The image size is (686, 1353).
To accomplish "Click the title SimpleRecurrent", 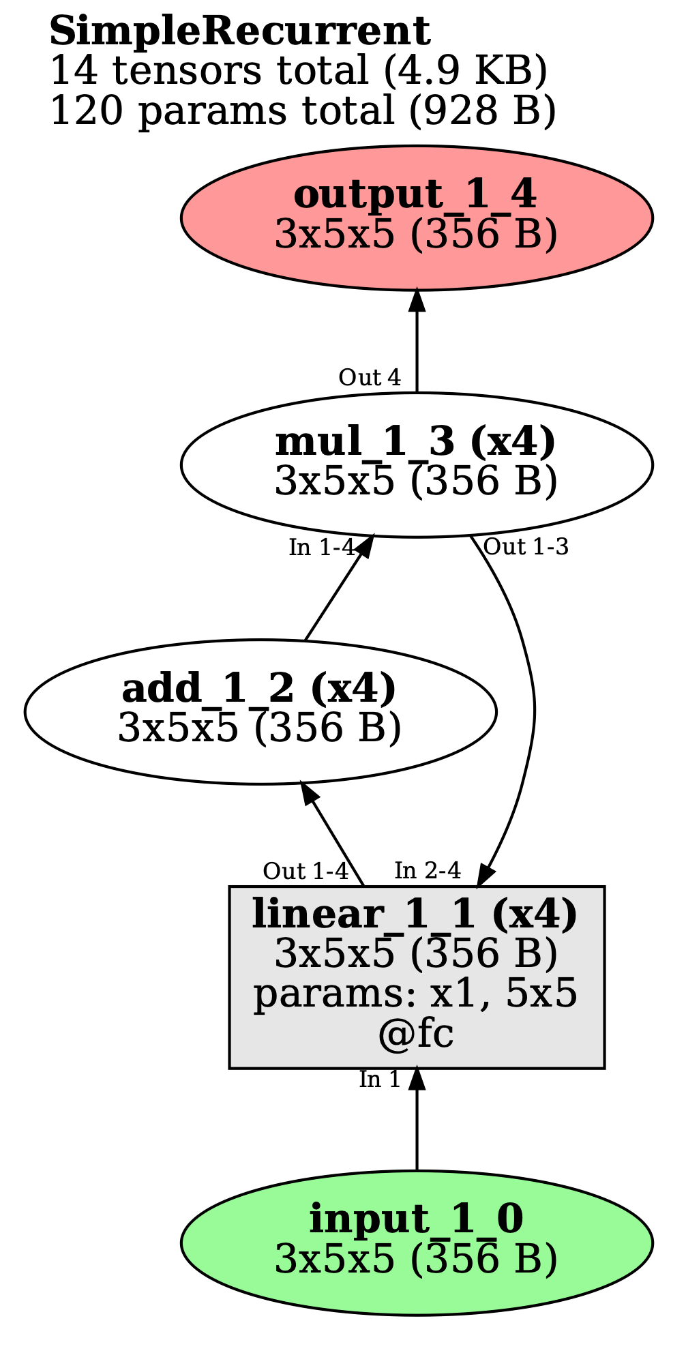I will [x=239, y=32].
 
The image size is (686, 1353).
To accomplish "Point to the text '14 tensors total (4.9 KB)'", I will [x=298, y=71].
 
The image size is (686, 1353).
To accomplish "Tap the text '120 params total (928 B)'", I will [x=303, y=110].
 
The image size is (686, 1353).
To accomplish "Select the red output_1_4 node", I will [x=416, y=218].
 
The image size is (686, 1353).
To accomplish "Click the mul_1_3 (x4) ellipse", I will [x=416, y=464].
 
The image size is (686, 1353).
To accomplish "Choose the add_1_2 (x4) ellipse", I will [x=260, y=711].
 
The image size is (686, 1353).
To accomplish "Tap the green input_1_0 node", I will [x=416, y=1243].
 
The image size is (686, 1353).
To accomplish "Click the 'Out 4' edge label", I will [x=369, y=377].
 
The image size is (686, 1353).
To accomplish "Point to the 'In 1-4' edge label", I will [x=321, y=548].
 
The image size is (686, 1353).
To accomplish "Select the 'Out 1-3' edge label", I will [x=525, y=547].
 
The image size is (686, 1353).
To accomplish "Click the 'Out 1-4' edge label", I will [x=305, y=872].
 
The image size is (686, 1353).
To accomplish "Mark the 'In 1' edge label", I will [x=379, y=1080].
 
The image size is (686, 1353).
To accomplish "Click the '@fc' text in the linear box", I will [x=416, y=1035].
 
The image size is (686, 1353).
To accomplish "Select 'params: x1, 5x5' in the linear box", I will [x=416, y=994].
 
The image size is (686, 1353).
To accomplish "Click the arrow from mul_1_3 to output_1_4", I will [x=417, y=341].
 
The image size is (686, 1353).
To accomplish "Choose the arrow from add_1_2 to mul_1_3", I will [x=332, y=598].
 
